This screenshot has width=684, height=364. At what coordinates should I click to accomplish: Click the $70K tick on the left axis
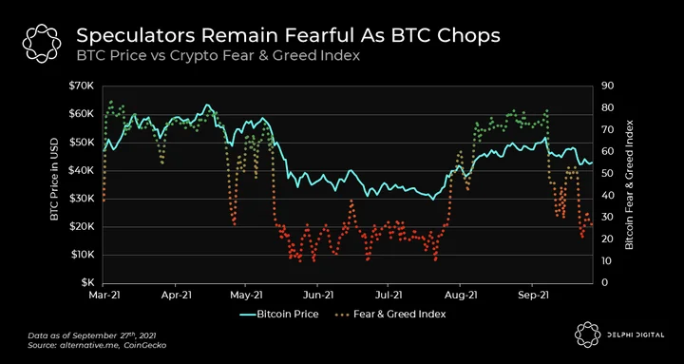click(x=81, y=86)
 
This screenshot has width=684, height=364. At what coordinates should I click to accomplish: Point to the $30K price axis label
click(x=81, y=199)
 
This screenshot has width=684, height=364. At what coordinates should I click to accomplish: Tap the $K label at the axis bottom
click(x=85, y=283)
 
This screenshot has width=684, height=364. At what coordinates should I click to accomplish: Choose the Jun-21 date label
click(x=317, y=295)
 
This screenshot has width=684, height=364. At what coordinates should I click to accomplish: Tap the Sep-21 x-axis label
click(x=532, y=295)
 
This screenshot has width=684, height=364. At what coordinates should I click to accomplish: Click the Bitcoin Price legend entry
click(x=279, y=314)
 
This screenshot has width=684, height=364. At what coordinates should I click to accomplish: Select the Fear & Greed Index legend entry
click(x=390, y=314)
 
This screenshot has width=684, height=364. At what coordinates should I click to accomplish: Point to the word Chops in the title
click(x=473, y=37)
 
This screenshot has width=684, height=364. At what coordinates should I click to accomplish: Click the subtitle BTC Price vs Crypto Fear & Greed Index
click(x=218, y=56)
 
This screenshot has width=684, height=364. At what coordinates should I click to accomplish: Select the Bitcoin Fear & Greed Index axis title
click(x=629, y=184)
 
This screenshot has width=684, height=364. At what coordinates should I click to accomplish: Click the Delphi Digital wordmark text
click(x=636, y=335)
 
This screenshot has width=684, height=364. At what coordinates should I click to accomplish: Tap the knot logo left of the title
click(x=42, y=44)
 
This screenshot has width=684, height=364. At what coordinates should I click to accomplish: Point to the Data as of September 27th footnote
click(x=92, y=336)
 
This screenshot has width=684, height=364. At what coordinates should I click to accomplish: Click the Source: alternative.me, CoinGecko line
click(x=97, y=345)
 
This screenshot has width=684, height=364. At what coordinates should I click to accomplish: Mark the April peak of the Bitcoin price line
click(x=207, y=105)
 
